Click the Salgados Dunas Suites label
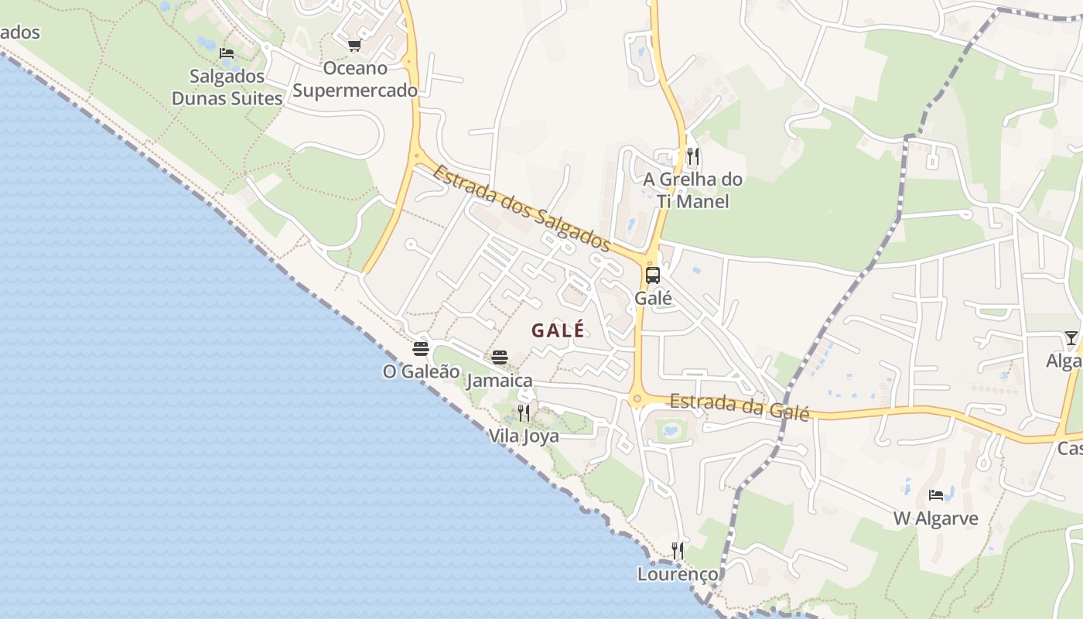(x=227, y=87)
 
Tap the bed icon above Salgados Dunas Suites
(x=227, y=53)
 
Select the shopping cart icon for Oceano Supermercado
(x=355, y=45)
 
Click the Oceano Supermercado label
(x=355, y=79)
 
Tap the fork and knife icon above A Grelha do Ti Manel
(x=692, y=156)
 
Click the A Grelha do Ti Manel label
(x=692, y=190)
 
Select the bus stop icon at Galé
(x=653, y=275)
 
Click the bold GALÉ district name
(x=558, y=330)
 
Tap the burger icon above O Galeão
(x=421, y=348)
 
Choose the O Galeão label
(x=421, y=371)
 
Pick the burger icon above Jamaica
(x=500, y=357)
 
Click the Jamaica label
(x=500, y=380)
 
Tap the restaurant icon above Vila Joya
(x=524, y=412)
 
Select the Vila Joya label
(x=524, y=436)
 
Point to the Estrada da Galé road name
(x=739, y=406)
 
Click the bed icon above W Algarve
(x=936, y=494)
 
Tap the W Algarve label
(x=936, y=518)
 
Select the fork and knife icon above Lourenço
(x=678, y=550)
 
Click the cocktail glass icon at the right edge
(x=1071, y=337)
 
